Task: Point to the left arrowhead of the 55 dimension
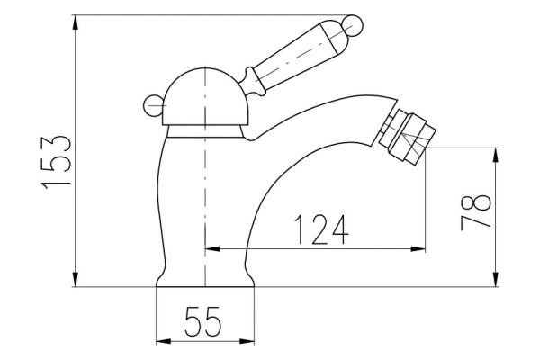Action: pyautogui.click(x=161, y=341)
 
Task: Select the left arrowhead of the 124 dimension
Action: pyautogui.click(x=212, y=249)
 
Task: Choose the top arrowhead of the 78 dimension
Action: pyautogui.click(x=496, y=156)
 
